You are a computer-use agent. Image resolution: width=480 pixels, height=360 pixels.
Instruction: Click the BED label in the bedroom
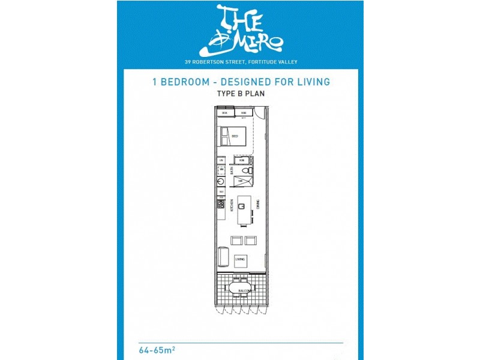[235, 137]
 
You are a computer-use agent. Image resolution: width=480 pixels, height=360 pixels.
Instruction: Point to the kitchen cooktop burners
[221, 205]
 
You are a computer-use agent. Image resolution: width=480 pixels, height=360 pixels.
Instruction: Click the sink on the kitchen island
[241, 206]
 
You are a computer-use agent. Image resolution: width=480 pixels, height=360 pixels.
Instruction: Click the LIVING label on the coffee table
[240, 259]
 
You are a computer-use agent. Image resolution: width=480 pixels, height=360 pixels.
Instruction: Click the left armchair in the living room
[236, 241]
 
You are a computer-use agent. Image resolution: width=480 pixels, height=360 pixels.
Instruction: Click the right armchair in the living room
[250, 241]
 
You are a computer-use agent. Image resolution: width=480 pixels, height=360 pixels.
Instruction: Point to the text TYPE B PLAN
[240, 94]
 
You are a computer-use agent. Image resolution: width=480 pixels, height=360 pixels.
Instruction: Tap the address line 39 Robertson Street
[240, 61]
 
